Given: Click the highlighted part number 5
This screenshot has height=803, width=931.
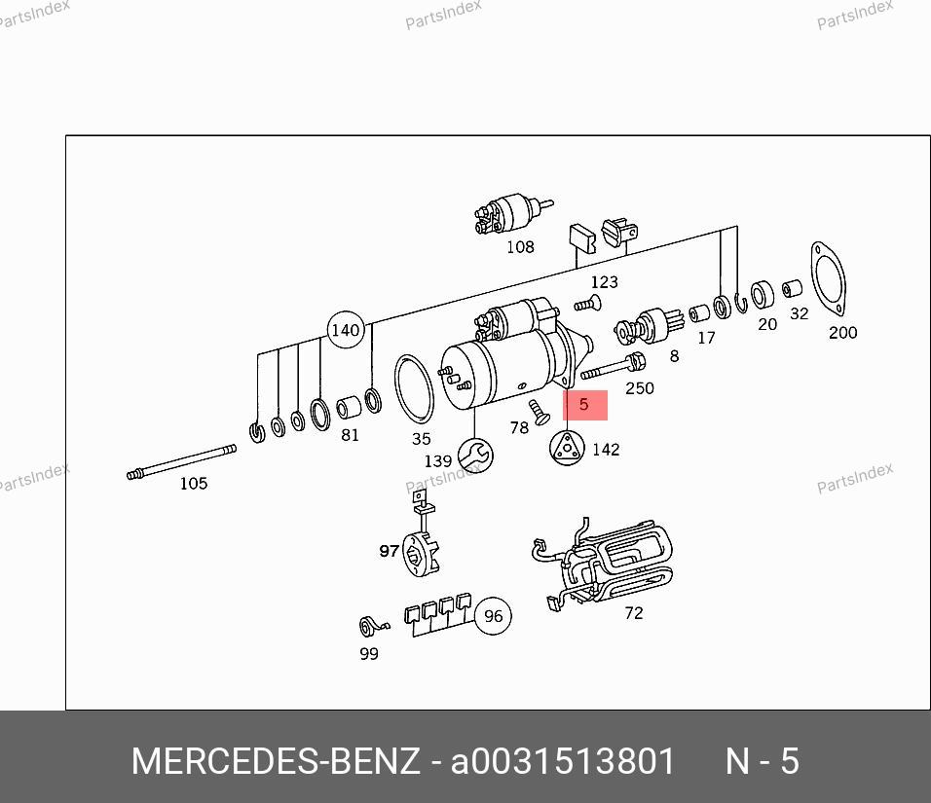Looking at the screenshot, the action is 584,405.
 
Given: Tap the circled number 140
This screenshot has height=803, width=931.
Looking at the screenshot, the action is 346,329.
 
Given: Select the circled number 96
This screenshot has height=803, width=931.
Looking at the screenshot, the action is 493,616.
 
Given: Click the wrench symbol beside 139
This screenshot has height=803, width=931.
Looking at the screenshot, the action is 475,456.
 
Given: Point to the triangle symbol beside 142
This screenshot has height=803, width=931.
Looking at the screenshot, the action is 567,448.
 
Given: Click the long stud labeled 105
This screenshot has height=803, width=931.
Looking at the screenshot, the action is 182,462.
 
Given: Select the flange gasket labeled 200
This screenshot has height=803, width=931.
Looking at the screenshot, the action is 829,279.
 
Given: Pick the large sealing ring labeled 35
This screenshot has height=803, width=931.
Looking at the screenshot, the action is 414,388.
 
